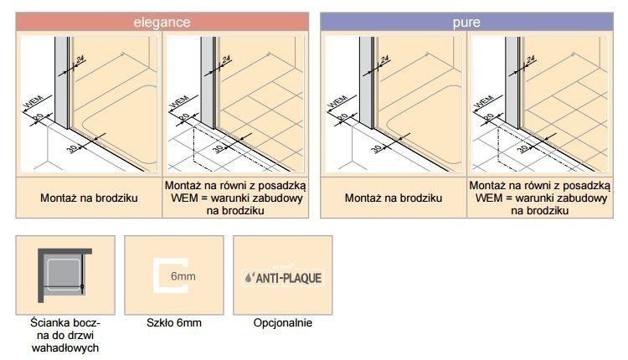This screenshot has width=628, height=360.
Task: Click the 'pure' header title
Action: [x=466, y=22]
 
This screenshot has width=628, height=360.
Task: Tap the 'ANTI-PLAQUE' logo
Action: [x=282, y=277]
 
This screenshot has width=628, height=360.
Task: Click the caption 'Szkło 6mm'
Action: [x=174, y=323]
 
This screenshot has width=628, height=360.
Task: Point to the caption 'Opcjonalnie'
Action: [x=282, y=323]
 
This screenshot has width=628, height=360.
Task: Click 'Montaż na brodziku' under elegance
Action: [x=90, y=198]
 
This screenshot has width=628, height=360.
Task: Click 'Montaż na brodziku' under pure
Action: [x=394, y=198]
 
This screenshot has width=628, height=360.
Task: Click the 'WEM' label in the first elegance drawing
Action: [x=32, y=102]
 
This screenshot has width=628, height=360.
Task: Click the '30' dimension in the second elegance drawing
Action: [x=219, y=148]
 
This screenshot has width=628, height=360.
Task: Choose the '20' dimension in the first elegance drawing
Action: [x=38, y=116]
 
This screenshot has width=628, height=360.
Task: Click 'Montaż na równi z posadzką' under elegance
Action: [x=235, y=186]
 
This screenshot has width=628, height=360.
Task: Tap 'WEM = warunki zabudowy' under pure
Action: [x=540, y=198]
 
